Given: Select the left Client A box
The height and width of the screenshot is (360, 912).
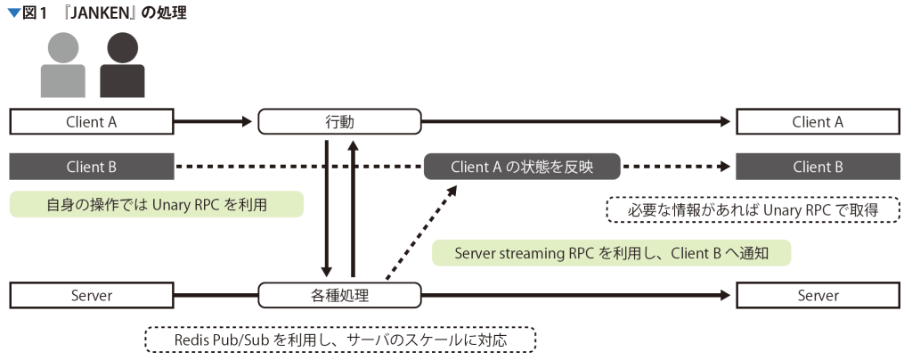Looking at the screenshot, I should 92,122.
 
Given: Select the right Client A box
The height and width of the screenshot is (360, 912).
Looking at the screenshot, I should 817,122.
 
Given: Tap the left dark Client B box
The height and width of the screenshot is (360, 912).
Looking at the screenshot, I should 92,166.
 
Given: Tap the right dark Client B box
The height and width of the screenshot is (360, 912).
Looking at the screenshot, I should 817,166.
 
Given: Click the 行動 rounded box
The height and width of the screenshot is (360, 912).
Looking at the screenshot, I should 339,122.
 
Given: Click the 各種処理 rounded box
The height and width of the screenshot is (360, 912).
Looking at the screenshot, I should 339,295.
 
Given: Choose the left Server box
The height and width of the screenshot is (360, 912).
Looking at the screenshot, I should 92,295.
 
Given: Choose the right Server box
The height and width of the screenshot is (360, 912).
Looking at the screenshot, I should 817,295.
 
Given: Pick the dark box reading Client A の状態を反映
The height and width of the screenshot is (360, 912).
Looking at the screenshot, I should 522,166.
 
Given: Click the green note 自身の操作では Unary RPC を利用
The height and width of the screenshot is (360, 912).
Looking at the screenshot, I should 157,205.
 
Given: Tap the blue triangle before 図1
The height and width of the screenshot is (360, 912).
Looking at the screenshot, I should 13,12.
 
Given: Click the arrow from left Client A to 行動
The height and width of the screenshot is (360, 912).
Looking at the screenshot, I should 215,122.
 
